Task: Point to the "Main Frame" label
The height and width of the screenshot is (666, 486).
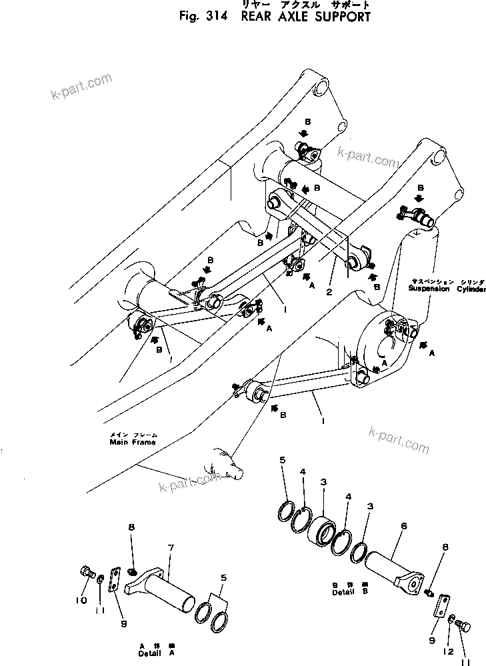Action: pos(133,441)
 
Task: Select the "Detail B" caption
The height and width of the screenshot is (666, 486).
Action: pos(345,591)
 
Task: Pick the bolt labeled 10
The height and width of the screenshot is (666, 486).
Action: pos(87,573)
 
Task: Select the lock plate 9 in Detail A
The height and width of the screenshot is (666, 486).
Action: pos(114,579)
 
